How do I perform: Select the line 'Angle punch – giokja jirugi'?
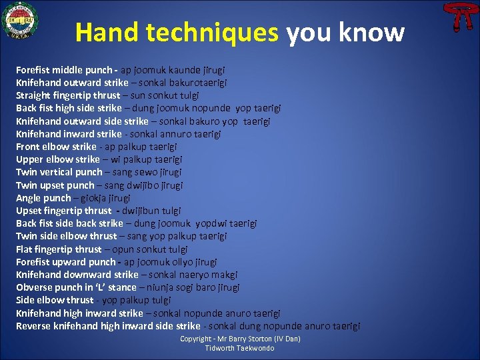pos(73,198)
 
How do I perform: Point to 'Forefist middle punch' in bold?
pos(64,70)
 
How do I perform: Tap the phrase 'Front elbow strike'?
pos(56,147)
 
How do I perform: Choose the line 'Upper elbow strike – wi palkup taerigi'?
pos(99,159)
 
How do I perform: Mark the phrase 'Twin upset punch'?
pos(55,185)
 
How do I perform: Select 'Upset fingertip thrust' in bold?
pos(64,211)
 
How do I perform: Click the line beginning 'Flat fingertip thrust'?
pos(102,249)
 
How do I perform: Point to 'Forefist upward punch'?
pos(65,262)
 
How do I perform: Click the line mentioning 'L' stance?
pos(127,287)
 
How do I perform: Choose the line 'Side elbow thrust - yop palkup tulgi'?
pos(93,300)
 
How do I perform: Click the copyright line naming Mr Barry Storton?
pos(240,339)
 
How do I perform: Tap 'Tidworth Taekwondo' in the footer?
pos(239,348)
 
